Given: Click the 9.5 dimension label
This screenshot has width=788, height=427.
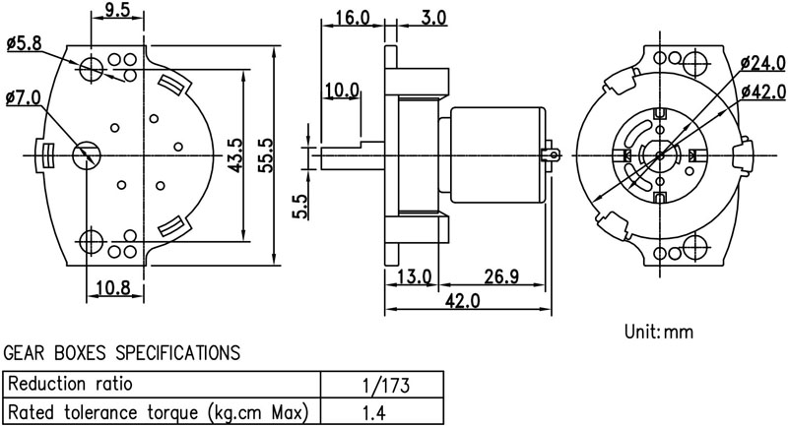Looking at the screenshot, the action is [x=117, y=10].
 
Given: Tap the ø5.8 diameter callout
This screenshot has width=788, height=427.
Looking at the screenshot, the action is [x=24, y=43].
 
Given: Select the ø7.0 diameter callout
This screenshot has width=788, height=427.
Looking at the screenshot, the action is [x=23, y=97].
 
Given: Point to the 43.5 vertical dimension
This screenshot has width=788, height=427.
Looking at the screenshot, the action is [x=235, y=155].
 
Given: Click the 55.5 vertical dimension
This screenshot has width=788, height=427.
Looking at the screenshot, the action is [x=265, y=155].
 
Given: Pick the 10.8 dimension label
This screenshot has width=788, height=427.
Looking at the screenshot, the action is [x=113, y=288].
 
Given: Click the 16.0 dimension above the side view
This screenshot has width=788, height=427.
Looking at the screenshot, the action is [x=353, y=18].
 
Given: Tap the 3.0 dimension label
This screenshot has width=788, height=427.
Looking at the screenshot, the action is [x=433, y=18].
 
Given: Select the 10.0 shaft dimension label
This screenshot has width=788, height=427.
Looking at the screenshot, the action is [x=342, y=91].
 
